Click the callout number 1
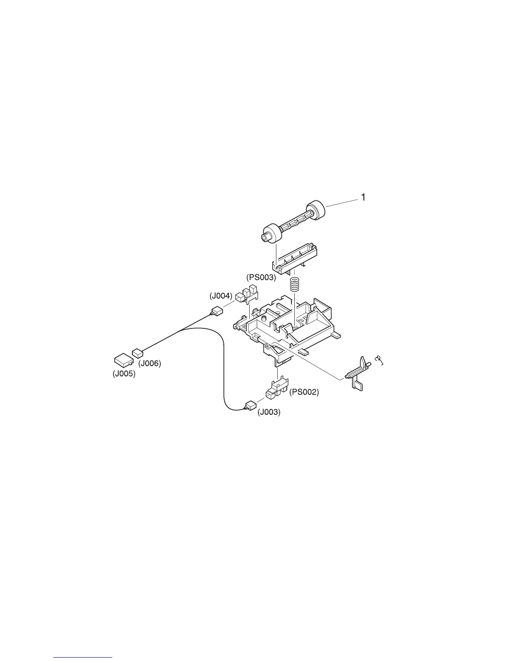click(363, 197)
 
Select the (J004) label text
click(221, 296)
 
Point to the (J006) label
click(149, 363)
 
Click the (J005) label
click(124, 374)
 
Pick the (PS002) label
click(304, 392)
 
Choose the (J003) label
click(269, 412)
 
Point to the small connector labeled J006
click(137, 353)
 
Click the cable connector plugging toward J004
click(216, 311)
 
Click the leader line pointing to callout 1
click(342, 203)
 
